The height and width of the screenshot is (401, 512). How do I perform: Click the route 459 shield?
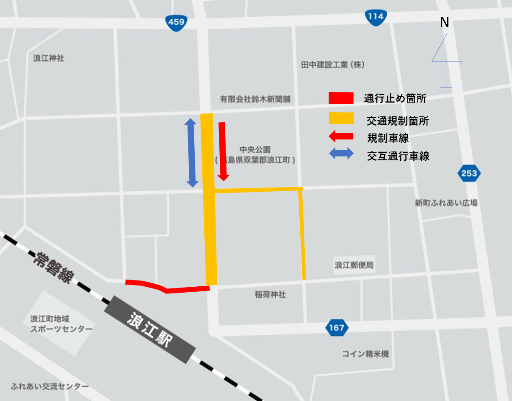click(176, 22)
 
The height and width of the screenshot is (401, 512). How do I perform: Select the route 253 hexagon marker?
click(469, 173)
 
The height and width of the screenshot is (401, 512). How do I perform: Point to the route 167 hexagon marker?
click(337, 327)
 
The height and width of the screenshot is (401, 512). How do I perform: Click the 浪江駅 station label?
click(150, 328)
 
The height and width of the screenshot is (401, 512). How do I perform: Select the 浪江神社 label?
click(49, 58)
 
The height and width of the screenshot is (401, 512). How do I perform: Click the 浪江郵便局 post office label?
click(354, 265)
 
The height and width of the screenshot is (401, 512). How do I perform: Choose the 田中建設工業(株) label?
click(333, 65)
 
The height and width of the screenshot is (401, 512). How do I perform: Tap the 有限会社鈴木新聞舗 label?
click(255, 99)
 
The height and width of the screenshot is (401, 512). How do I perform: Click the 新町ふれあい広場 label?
click(446, 203)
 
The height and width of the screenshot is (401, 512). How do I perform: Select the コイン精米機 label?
click(365, 354)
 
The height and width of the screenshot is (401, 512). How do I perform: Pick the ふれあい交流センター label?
click(50, 386)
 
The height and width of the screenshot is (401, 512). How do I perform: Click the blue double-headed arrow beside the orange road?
click(191, 153)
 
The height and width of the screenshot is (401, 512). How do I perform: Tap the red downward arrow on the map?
click(223, 151)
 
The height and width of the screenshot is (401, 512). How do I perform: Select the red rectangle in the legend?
click(341, 98)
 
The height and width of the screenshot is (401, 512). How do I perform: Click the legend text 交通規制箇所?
click(398, 121)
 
